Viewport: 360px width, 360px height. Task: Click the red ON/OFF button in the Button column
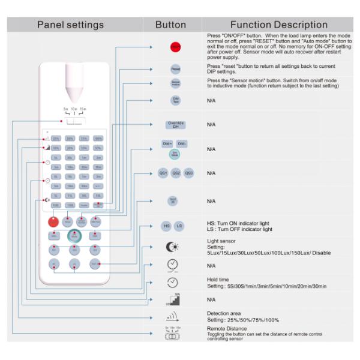pyautogui.click(x=175, y=46)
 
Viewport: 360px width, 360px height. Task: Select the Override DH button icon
pyautogui.click(x=175, y=125)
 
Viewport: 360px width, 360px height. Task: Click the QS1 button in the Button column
pyautogui.click(x=163, y=173)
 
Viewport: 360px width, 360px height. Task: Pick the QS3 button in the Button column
pyautogui.click(x=188, y=173)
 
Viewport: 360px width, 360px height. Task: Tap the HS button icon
pyautogui.click(x=167, y=226)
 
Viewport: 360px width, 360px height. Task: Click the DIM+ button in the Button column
pyautogui.click(x=167, y=145)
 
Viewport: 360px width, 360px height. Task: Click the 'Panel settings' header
pyautogui.click(x=71, y=25)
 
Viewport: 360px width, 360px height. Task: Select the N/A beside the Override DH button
pyautogui.click(x=211, y=125)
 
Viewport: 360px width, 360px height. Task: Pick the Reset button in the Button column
pyautogui.click(x=175, y=70)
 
